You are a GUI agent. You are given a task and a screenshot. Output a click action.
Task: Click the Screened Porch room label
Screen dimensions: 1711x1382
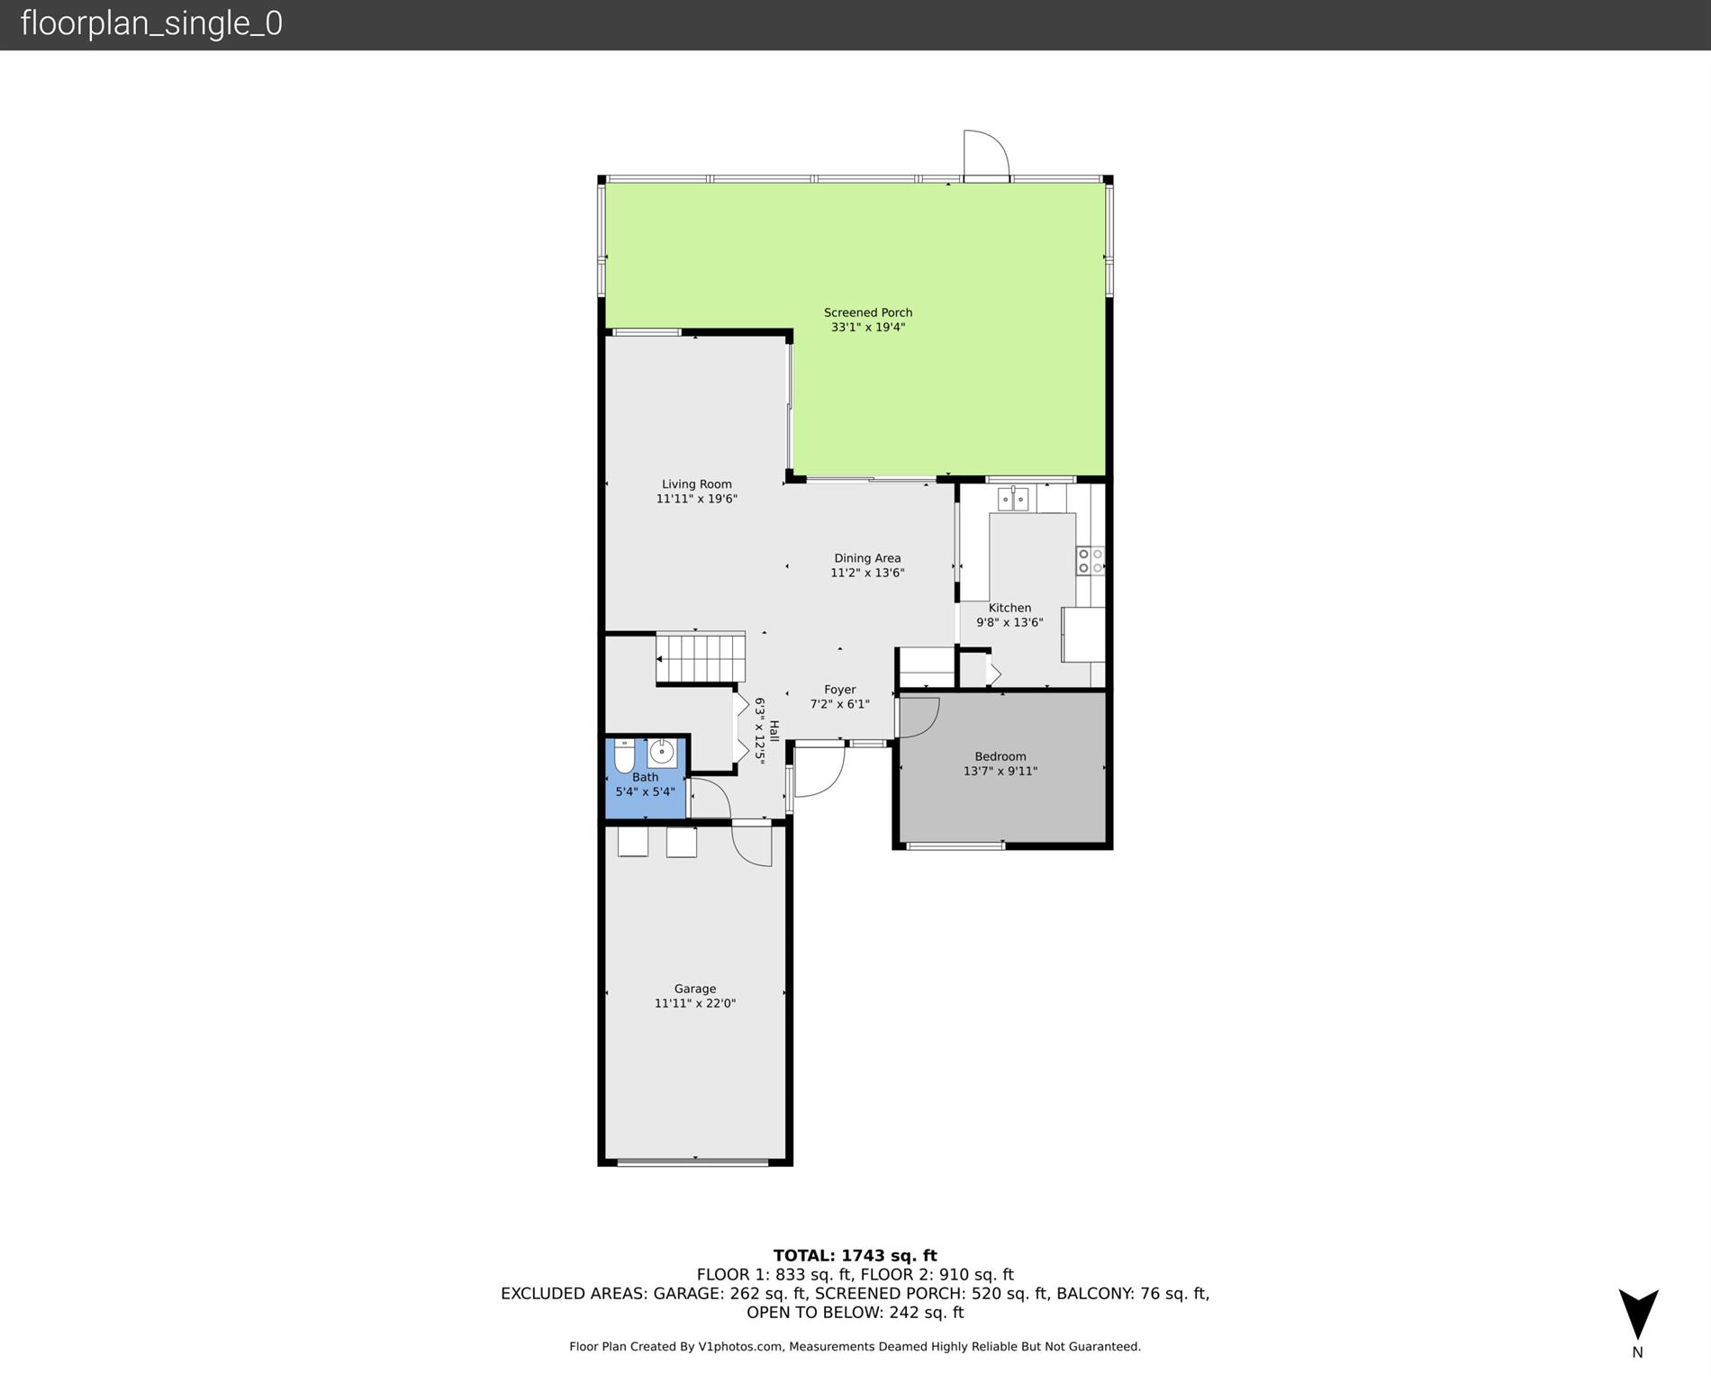pos(868,312)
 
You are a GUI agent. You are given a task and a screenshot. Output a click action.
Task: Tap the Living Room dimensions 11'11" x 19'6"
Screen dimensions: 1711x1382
pos(697,499)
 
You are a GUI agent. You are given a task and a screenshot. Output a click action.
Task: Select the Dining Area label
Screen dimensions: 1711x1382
pos(867,558)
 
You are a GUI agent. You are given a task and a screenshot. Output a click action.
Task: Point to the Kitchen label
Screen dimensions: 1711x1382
pos(1009,608)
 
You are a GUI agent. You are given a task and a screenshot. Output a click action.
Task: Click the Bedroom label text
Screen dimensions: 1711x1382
pos(1000,756)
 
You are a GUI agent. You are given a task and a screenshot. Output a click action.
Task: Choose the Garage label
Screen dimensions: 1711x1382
pos(695,989)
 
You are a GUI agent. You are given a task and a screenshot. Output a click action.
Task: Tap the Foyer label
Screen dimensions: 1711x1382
pos(840,690)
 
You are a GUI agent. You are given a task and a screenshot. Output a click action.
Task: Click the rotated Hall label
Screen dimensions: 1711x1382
pos(774,730)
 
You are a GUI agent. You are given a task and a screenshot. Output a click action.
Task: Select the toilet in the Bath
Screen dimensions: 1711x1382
pos(624,756)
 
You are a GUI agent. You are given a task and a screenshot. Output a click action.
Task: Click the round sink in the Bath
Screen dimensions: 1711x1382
pos(662,751)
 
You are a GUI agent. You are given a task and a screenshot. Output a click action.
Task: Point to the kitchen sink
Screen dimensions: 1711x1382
pos(1013,498)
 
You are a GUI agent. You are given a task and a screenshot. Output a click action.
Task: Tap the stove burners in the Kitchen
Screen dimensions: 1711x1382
pos(1091,561)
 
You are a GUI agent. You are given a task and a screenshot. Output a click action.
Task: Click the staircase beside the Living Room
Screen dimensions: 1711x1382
pos(701,657)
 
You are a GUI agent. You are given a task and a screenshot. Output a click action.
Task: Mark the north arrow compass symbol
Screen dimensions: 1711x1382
pos(1638,1315)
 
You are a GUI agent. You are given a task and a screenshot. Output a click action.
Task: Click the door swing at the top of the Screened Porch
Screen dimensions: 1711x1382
pos(987,155)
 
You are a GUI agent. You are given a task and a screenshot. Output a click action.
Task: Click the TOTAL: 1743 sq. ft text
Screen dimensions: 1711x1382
pos(855,1255)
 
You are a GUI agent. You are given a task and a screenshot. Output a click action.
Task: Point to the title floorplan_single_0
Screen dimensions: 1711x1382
pos(151,23)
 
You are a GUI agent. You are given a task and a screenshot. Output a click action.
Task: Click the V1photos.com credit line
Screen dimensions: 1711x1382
pos(855,1347)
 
